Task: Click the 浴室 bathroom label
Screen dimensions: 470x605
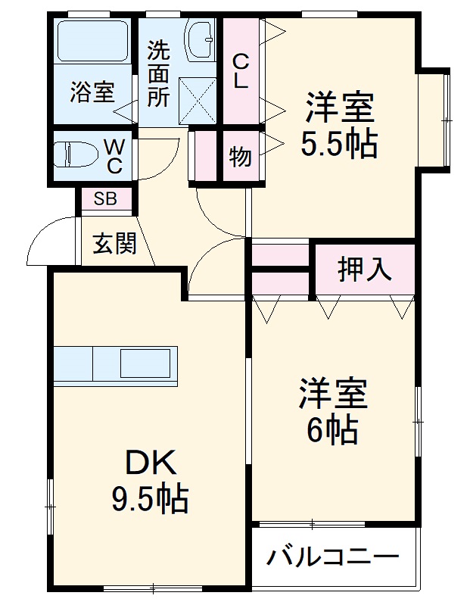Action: [x=92, y=92]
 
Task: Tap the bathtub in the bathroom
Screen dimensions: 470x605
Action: [x=92, y=41]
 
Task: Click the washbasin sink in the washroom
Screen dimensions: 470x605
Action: [x=200, y=39]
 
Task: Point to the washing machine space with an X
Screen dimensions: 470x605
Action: [x=198, y=101]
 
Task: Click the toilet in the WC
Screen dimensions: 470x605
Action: [x=76, y=154]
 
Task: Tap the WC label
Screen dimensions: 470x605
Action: [x=114, y=156]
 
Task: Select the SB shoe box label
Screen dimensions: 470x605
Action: [x=106, y=198]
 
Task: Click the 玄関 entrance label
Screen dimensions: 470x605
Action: [x=115, y=244]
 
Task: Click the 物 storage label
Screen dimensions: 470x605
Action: [x=240, y=157]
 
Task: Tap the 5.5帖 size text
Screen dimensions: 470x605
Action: [x=338, y=145]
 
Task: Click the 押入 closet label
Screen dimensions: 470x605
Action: [x=364, y=270]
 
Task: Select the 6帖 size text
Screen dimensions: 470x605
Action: [x=332, y=430]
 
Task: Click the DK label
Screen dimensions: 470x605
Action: [x=151, y=462]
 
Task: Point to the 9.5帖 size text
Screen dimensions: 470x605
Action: [x=150, y=499]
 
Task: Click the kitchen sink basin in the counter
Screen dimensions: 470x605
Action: [x=145, y=363]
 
